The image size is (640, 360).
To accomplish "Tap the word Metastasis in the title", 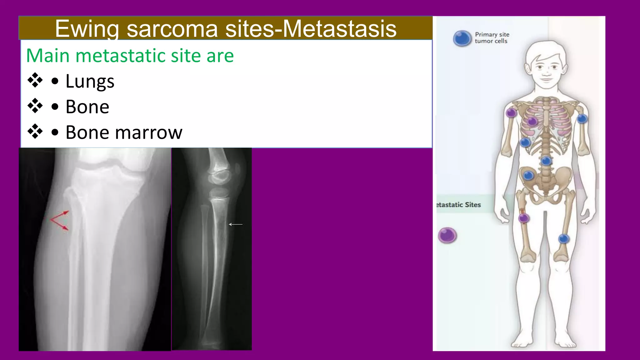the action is [x=340, y=29].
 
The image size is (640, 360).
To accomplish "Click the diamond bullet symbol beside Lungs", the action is [x=35, y=80].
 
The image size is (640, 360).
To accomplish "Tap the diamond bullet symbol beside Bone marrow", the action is [x=35, y=131].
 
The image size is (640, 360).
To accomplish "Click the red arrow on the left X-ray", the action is [x=60, y=220].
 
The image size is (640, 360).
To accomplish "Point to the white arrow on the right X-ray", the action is [x=236, y=224].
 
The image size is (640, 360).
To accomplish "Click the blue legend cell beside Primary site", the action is [x=462, y=38].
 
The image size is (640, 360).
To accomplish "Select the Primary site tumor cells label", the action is [x=492, y=38].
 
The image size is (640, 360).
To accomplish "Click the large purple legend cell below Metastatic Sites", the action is [x=447, y=235].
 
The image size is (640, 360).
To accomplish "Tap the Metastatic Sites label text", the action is [x=458, y=205].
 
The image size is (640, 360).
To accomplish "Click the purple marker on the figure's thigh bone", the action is [x=524, y=218].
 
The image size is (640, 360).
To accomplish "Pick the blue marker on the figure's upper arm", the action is [x=582, y=119].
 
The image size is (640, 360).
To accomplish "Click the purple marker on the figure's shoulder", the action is [x=511, y=112].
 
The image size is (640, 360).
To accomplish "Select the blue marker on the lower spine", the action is [x=546, y=161].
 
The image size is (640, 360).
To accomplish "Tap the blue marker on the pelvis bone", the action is [x=528, y=175].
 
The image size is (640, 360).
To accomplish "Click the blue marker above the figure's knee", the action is [x=564, y=239].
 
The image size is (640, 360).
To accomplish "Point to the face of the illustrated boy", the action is [x=546, y=69].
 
